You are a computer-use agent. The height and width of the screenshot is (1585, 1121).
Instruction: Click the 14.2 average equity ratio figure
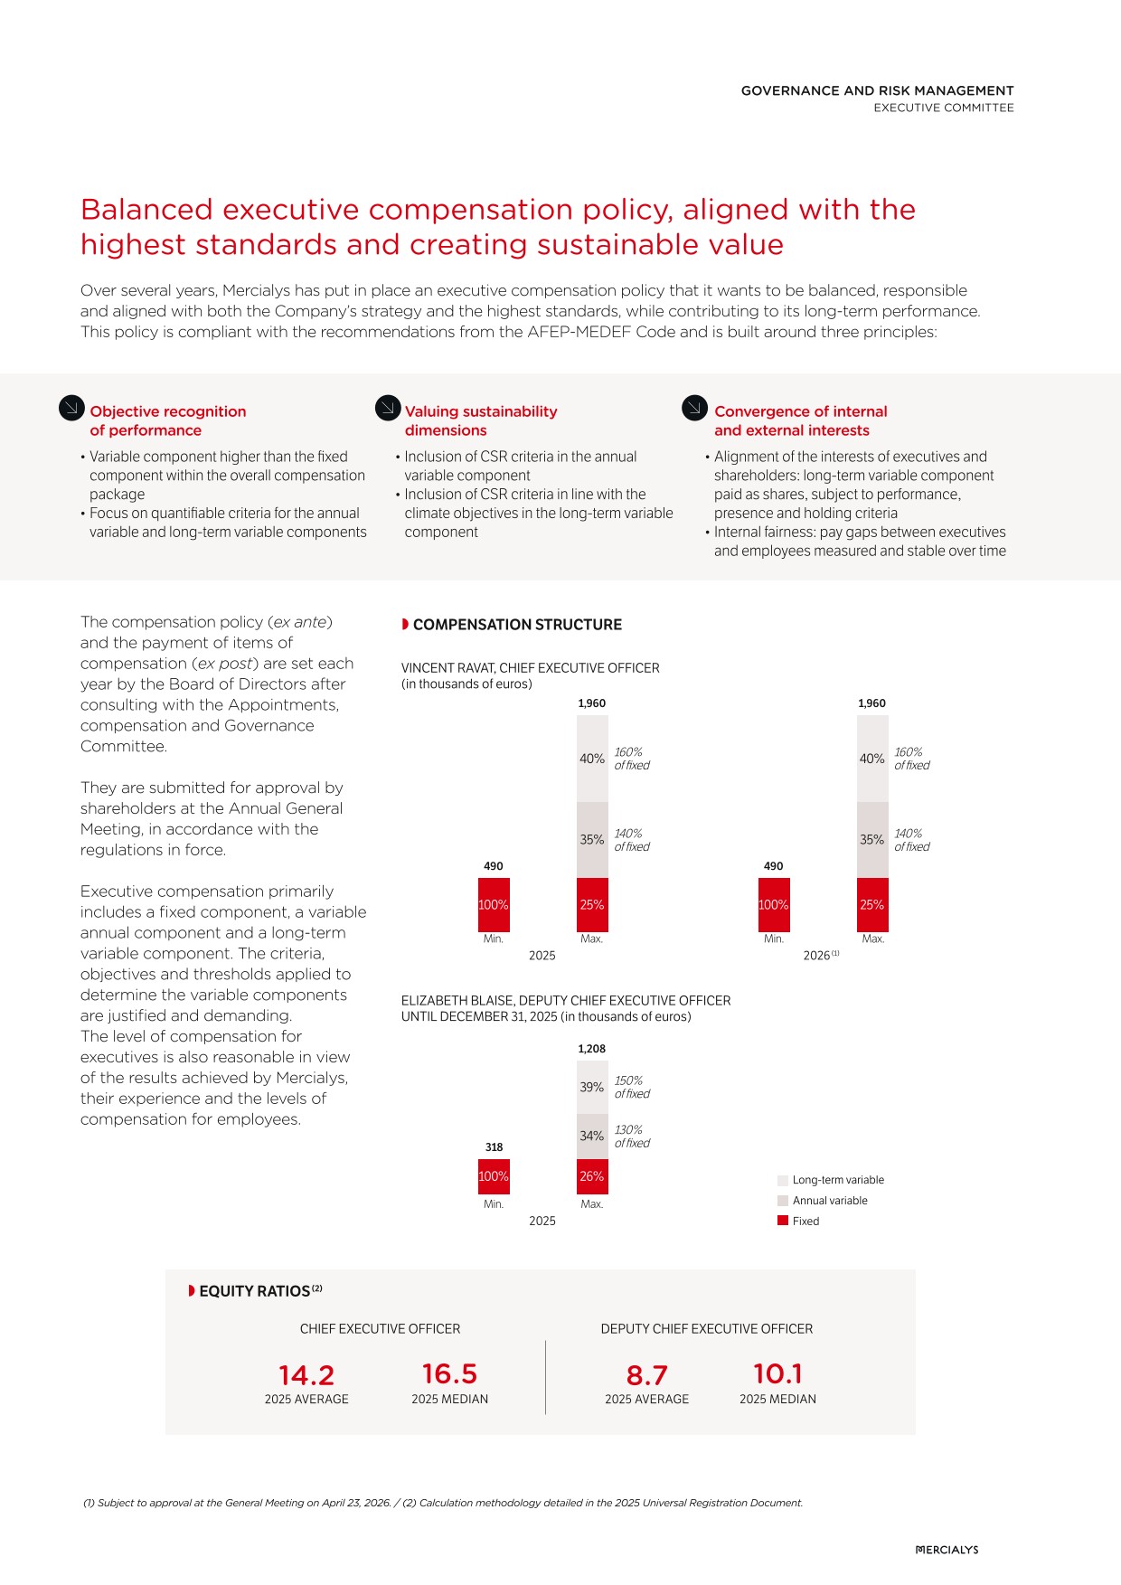(x=306, y=1375)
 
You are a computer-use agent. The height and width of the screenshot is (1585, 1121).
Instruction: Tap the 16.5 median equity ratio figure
(x=449, y=1374)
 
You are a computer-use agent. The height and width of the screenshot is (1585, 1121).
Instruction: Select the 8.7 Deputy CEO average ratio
(x=646, y=1375)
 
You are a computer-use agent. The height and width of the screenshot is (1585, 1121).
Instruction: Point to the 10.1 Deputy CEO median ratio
(x=777, y=1374)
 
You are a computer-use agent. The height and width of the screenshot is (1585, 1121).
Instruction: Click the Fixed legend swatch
(x=783, y=1221)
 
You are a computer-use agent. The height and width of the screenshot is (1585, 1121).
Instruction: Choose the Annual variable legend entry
(x=829, y=1201)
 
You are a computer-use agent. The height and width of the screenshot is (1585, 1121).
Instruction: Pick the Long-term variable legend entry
(x=837, y=1180)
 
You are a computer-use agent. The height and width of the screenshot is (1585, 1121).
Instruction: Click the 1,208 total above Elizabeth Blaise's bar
(x=592, y=1049)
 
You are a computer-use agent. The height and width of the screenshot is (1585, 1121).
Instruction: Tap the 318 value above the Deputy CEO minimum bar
(x=494, y=1147)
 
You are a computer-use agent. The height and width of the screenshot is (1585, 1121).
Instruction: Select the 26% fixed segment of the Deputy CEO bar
(x=592, y=1176)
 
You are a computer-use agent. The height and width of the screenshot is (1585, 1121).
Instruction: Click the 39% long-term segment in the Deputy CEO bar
(x=592, y=1088)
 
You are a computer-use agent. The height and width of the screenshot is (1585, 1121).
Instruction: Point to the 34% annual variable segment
(x=592, y=1136)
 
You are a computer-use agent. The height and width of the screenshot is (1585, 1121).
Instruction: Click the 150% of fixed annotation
(x=632, y=1087)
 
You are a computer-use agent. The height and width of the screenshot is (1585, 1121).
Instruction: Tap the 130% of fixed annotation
(x=632, y=1137)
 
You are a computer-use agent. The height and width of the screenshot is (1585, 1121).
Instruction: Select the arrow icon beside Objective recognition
(x=71, y=409)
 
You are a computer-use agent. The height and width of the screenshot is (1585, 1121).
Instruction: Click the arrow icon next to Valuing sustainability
(x=388, y=409)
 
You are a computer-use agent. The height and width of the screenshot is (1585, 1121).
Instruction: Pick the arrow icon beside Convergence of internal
(x=694, y=409)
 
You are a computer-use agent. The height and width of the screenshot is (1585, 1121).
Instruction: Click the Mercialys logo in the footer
(x=947, y=1550)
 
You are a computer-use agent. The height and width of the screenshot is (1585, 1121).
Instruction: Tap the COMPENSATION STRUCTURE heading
(x=516, y=625)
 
